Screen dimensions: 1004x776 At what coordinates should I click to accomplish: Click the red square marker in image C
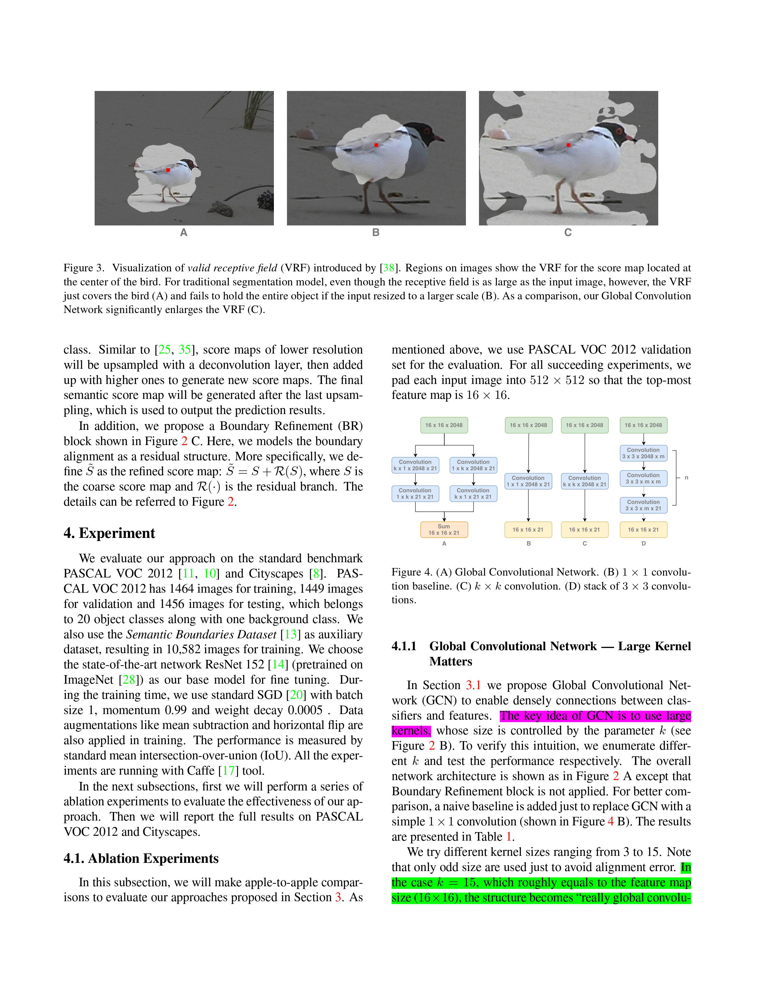pos(568,145)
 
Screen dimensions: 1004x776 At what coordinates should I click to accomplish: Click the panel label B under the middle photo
pos(376,233)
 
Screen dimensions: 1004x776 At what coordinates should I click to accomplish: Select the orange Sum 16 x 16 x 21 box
pos(444,530)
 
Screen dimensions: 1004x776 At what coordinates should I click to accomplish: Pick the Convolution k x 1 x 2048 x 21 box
pos(415,465)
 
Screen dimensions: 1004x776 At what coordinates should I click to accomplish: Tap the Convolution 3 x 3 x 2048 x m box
pos(643,453)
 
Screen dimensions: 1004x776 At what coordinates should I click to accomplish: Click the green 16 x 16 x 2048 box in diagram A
pos(444,425)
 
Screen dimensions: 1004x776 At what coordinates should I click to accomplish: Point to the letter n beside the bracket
pos(686,478)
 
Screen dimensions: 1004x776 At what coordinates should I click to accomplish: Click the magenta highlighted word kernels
pos(410,730)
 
